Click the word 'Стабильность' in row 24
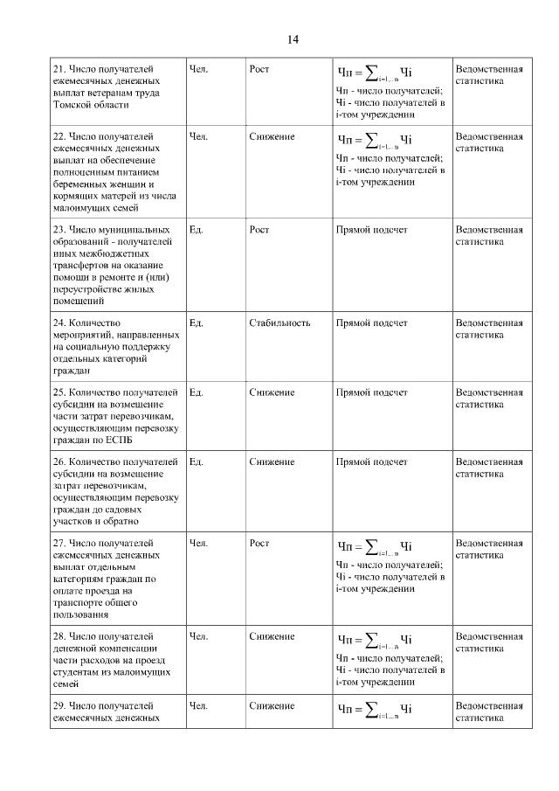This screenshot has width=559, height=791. (279, 323)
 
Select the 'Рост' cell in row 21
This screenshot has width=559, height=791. (259, 68)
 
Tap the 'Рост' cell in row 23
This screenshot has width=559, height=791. (259, 230)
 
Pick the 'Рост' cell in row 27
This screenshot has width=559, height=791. (259, 543)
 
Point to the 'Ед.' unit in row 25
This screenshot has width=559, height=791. (196, 392)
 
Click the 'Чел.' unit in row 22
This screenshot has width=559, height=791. (198, 137)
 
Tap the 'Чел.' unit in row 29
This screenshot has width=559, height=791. (198, 705)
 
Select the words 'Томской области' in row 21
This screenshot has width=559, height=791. (90, 103)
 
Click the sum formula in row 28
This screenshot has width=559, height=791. (374, 638)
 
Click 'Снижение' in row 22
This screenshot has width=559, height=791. (271, 137)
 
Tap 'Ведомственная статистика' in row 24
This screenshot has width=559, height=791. (489, 329)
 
